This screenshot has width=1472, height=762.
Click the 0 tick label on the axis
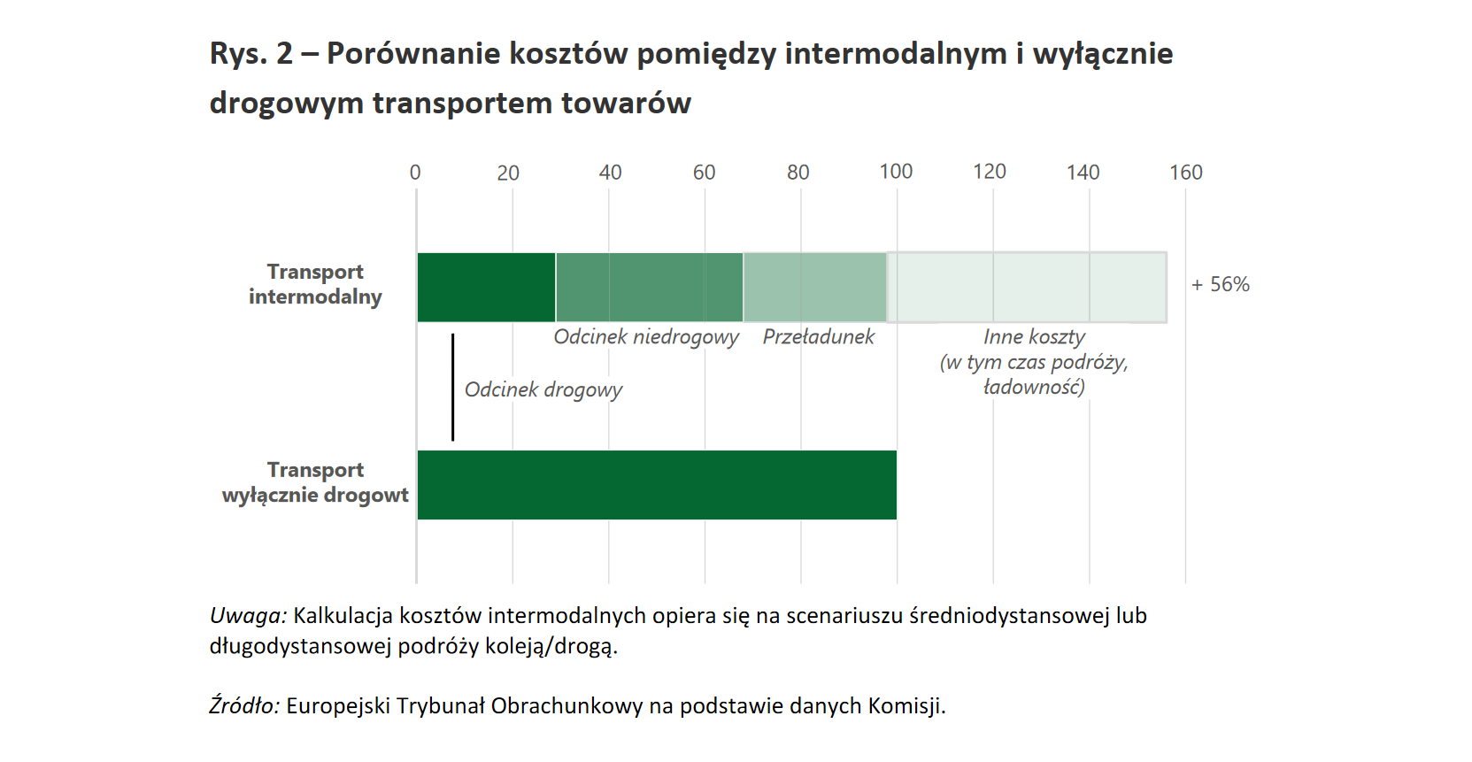point(415,173)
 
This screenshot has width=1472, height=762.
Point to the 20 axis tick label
point(508,173)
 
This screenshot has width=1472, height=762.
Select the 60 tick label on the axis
point(704,173)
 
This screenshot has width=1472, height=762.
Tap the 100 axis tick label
point(896,172)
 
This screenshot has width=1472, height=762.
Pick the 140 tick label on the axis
point(1083,173)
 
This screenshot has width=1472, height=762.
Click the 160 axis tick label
point(1185,173)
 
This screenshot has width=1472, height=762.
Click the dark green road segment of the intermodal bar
point(486,288)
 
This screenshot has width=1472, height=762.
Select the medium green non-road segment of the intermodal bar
point(649,288)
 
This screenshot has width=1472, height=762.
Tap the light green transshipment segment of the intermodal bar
point(814,288)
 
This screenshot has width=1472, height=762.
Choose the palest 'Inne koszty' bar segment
point(1027,288)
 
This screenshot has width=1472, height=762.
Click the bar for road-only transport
point(656,485)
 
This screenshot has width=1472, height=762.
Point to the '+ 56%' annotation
point(1220,285)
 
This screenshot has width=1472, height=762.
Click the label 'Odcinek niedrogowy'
point(646,337)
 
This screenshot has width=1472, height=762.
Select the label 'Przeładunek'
point(818,337)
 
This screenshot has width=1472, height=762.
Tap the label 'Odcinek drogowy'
point(543,390)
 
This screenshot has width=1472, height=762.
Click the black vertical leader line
point(452,387)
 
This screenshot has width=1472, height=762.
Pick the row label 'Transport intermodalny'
point(315,284)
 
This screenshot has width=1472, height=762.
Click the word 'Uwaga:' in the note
point(248,616)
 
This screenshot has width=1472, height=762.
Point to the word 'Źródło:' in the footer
point(244,706)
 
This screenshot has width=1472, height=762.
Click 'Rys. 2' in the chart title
point(250,54)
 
